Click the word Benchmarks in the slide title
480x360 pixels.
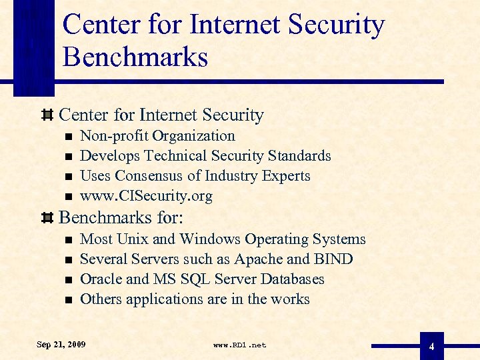pyautogui.click(x=135, y=57)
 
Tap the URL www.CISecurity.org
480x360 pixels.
pyautogui.click(x=146, y=196)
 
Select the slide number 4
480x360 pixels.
pyautogui.click(x=431, y=347)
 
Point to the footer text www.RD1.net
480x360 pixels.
pyautogui.click(x=239, y=345)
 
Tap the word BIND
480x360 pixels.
pyautogui.click(x=334, y=259)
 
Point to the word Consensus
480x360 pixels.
pyautogui.click(x=150, y=176)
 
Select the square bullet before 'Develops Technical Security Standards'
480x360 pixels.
pyautogui.click(x=67, y=157)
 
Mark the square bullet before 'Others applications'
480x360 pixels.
pyautogui.click(x=67, y=300)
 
